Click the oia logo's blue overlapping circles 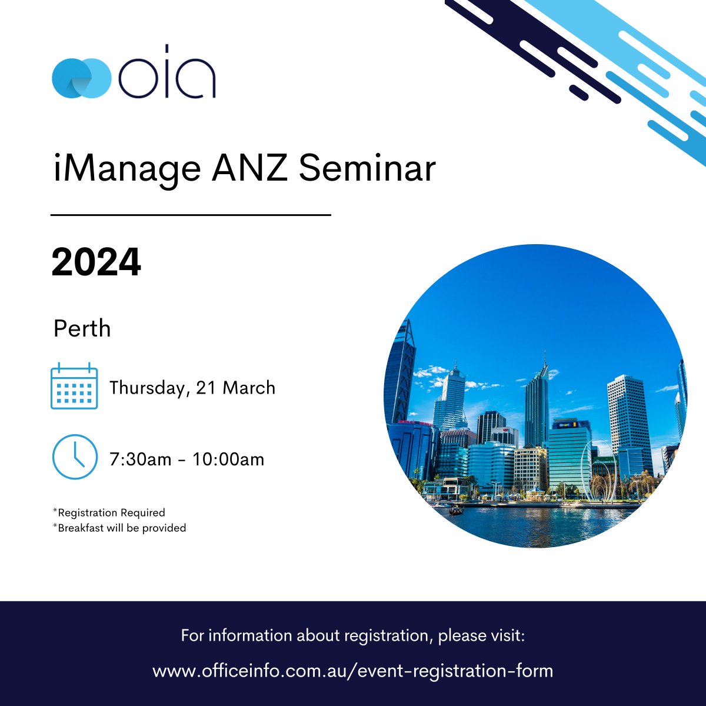coord(81,76)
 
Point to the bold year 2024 coord(96,262)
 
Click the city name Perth coord(82,329)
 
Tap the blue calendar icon coord(74,387)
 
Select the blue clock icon coord(74,457)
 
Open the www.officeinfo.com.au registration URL coord(353,671)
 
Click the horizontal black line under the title coord(191,215)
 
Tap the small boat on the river coord(455,510)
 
